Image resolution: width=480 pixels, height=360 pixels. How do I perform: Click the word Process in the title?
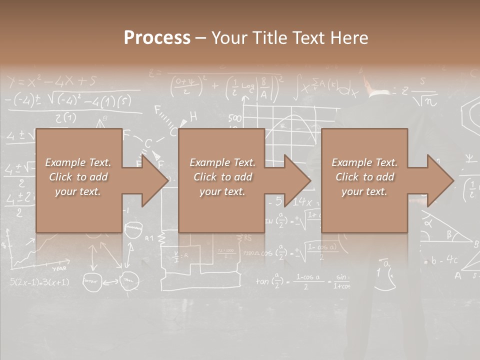point(157,37)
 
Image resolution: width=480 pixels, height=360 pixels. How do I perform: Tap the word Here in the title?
point(348,37)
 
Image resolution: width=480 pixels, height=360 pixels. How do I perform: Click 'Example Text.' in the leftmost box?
point(78,162)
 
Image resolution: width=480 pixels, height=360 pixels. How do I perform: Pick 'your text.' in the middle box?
point(222,191)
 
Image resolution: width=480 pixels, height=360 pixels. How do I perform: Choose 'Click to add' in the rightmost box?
point(364,177)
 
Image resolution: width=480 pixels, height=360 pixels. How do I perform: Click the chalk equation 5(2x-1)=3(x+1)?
point(39,282)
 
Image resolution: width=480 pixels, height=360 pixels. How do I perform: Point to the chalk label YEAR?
point(60,268)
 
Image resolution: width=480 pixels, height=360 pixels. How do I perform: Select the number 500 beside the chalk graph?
point(234,118)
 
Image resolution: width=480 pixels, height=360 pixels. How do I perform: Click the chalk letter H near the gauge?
point(193,117)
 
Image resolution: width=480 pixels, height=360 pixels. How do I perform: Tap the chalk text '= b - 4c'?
point(440,260)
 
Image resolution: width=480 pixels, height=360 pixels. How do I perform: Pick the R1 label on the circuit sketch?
point(149,237)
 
